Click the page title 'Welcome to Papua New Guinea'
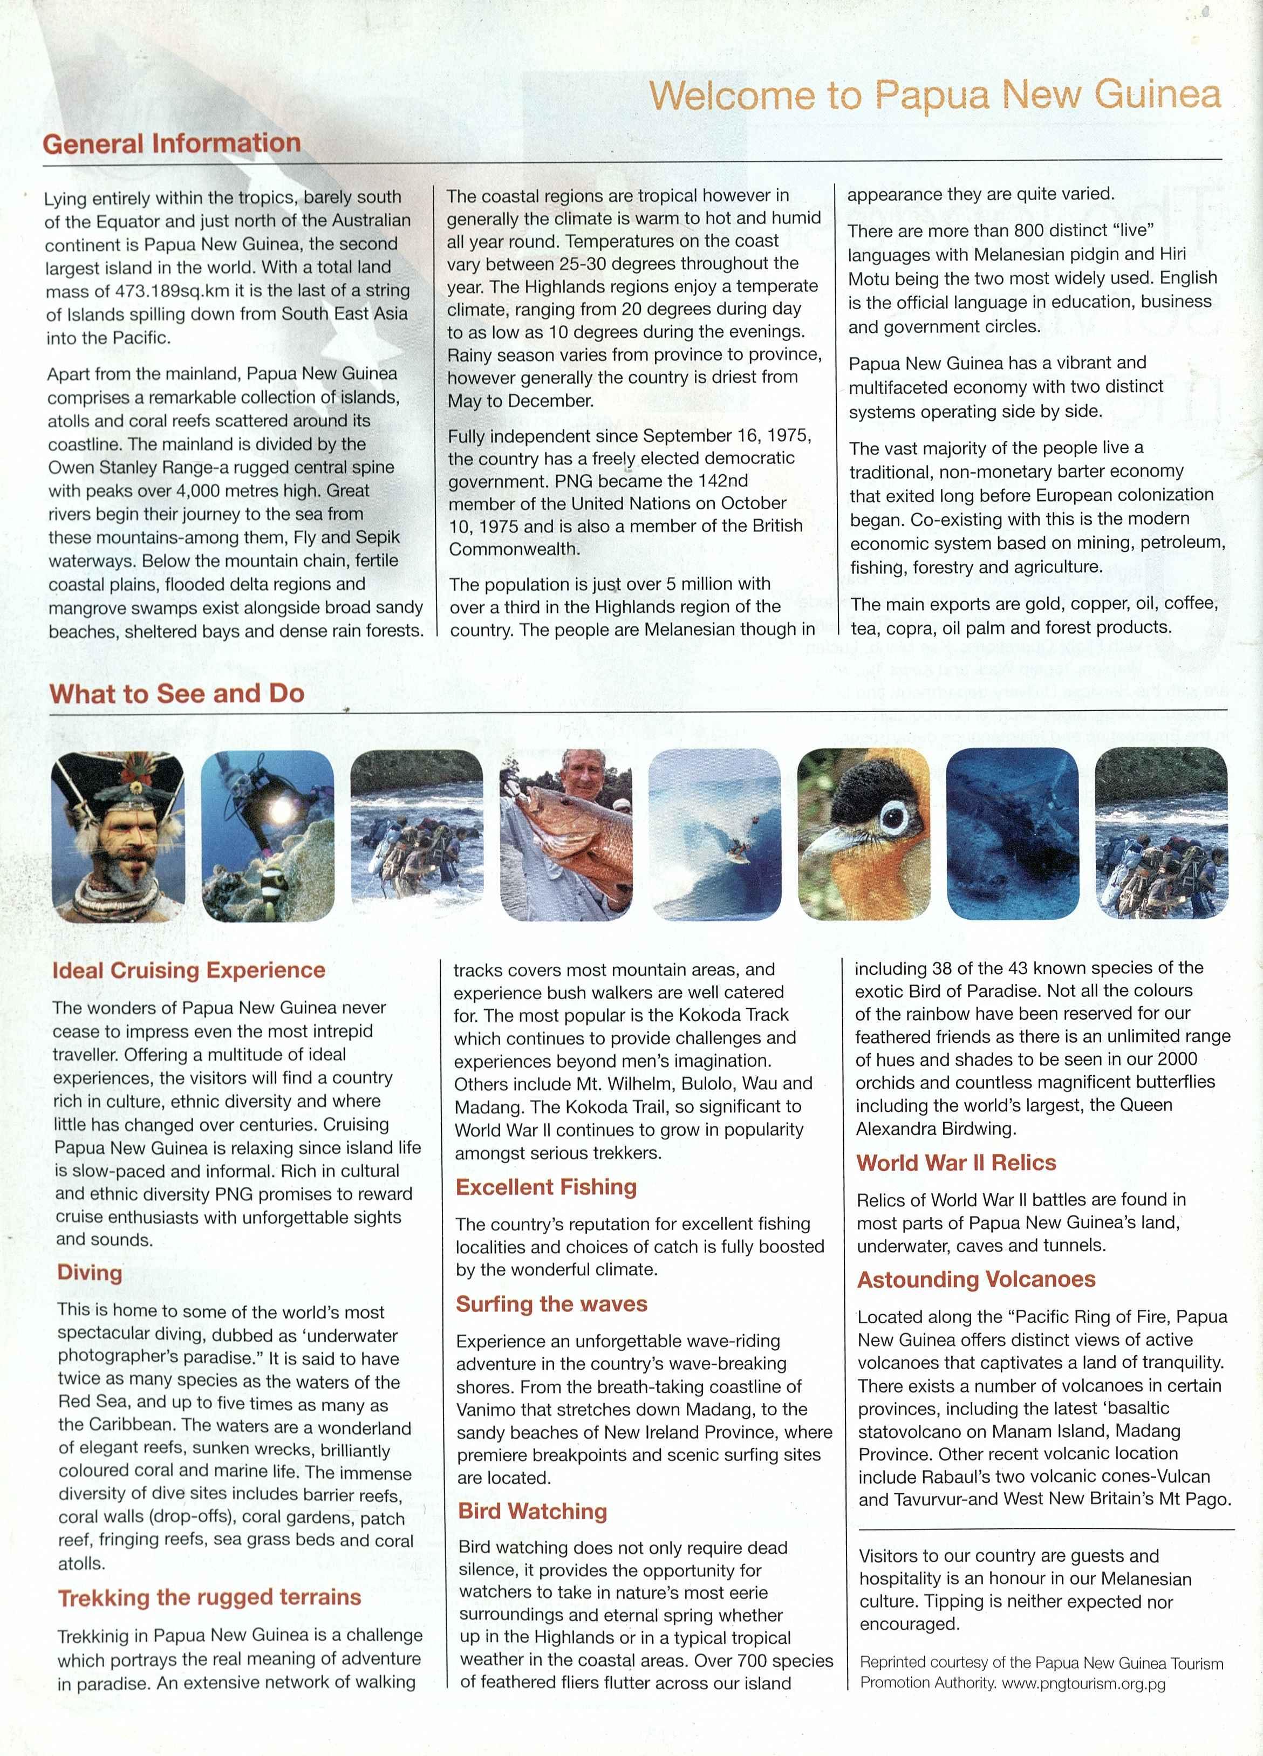pos(934,96)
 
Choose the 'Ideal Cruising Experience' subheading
pos(188,970)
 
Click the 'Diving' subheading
pos(90,1273)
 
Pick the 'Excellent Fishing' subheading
pos(546,1187)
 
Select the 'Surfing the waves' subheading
pos(551,1304)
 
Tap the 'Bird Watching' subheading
pos(532,1511)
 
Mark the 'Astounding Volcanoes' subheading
pos(975,1279)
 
